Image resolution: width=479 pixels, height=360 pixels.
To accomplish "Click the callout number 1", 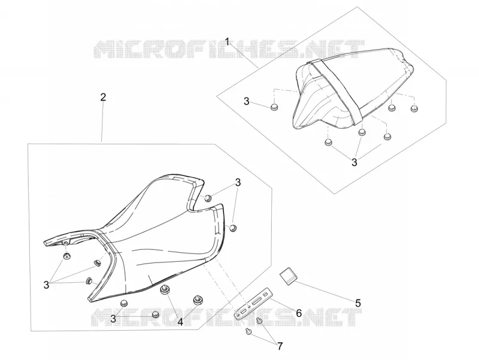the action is pos(227,41).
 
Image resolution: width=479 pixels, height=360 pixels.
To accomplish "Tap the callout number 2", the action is pos(103,97).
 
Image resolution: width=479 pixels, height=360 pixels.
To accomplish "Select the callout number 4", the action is pos(181,322).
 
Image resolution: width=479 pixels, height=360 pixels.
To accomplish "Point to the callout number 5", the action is pos(358,303).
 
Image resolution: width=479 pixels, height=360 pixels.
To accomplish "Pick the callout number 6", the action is pos(299,313).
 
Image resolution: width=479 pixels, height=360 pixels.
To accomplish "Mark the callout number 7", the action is pos(280,346).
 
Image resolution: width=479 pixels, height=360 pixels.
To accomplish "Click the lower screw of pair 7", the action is pos(248,331).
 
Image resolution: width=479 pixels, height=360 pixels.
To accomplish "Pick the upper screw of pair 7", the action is pos(259,320).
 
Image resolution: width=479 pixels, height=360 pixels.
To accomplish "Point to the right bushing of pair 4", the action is pos(198,300).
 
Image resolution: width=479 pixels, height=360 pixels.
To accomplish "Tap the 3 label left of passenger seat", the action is pos(247,101).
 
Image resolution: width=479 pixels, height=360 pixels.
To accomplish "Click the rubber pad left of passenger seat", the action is pos(275,107).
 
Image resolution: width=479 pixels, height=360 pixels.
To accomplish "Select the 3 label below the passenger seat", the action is pos(354,162).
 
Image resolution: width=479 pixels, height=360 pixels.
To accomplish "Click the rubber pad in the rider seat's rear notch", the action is pos(208,198).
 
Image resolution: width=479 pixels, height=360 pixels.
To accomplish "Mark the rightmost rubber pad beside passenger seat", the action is pos(414,108).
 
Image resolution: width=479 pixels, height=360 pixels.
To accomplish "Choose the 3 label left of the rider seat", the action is pos(46,285).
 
